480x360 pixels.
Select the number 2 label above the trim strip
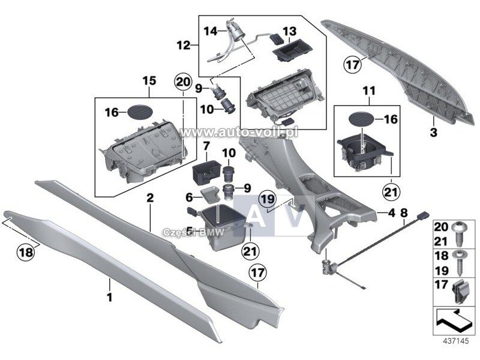click(x=150, y=197)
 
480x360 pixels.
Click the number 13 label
click(x=289, y=31)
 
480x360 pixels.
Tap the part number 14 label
click(x=211, y=29)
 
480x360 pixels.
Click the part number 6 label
click(x=188, y=197)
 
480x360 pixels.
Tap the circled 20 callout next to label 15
click(x=181, y=82)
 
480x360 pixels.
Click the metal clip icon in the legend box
click(x=458, y=292)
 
